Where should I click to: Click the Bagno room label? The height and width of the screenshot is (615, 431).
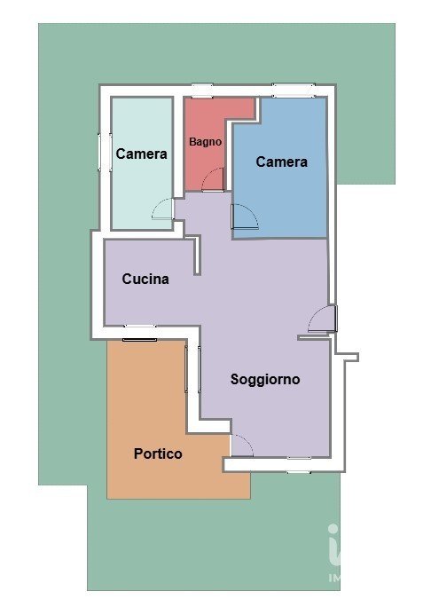206,142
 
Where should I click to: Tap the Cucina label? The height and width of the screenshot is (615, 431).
145,279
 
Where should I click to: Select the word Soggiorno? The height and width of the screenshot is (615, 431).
265,379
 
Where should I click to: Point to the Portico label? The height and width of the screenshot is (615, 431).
158,453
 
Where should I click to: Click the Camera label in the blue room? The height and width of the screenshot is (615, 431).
282,162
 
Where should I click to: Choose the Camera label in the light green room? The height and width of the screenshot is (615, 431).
141,154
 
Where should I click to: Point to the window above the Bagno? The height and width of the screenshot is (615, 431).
202,91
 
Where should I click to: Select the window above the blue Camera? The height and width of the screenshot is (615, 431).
294,91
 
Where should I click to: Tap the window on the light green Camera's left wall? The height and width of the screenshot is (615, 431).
105,152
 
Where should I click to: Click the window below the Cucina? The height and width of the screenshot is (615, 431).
140,333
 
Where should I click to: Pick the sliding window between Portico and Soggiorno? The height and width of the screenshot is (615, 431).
192,369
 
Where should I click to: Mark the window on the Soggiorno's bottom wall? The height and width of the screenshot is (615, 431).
299,465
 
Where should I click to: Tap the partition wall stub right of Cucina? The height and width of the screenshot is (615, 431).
196,254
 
